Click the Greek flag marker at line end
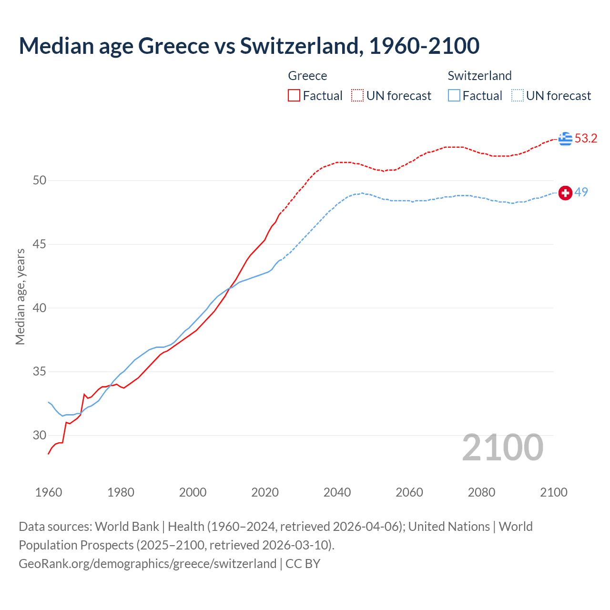[x=565, y=139]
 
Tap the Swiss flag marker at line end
[x=565, y=193]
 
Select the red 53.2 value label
[x=586, y=139]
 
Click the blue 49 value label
[x=581, y=192]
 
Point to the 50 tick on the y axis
[x=40, y=180]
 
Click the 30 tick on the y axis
[x=40, y=435]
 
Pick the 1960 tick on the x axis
[x=49, y=492]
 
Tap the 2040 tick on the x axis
[x=337, y=492]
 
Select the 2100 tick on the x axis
[x=553, y=492]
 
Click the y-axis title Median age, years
[x=20, y=296]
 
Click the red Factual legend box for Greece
[x=294, y=96]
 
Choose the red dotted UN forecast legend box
[x=357, y=96]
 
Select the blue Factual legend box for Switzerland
[x=454, y=96]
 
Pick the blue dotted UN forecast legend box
[x=517, y=96]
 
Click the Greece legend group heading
[x=307, y=76]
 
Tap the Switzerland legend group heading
[x=479, y=76]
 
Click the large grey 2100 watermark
[x=502, y=447]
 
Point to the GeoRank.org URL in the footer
[x=147, y=564]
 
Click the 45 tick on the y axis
[x=40, y=244]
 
